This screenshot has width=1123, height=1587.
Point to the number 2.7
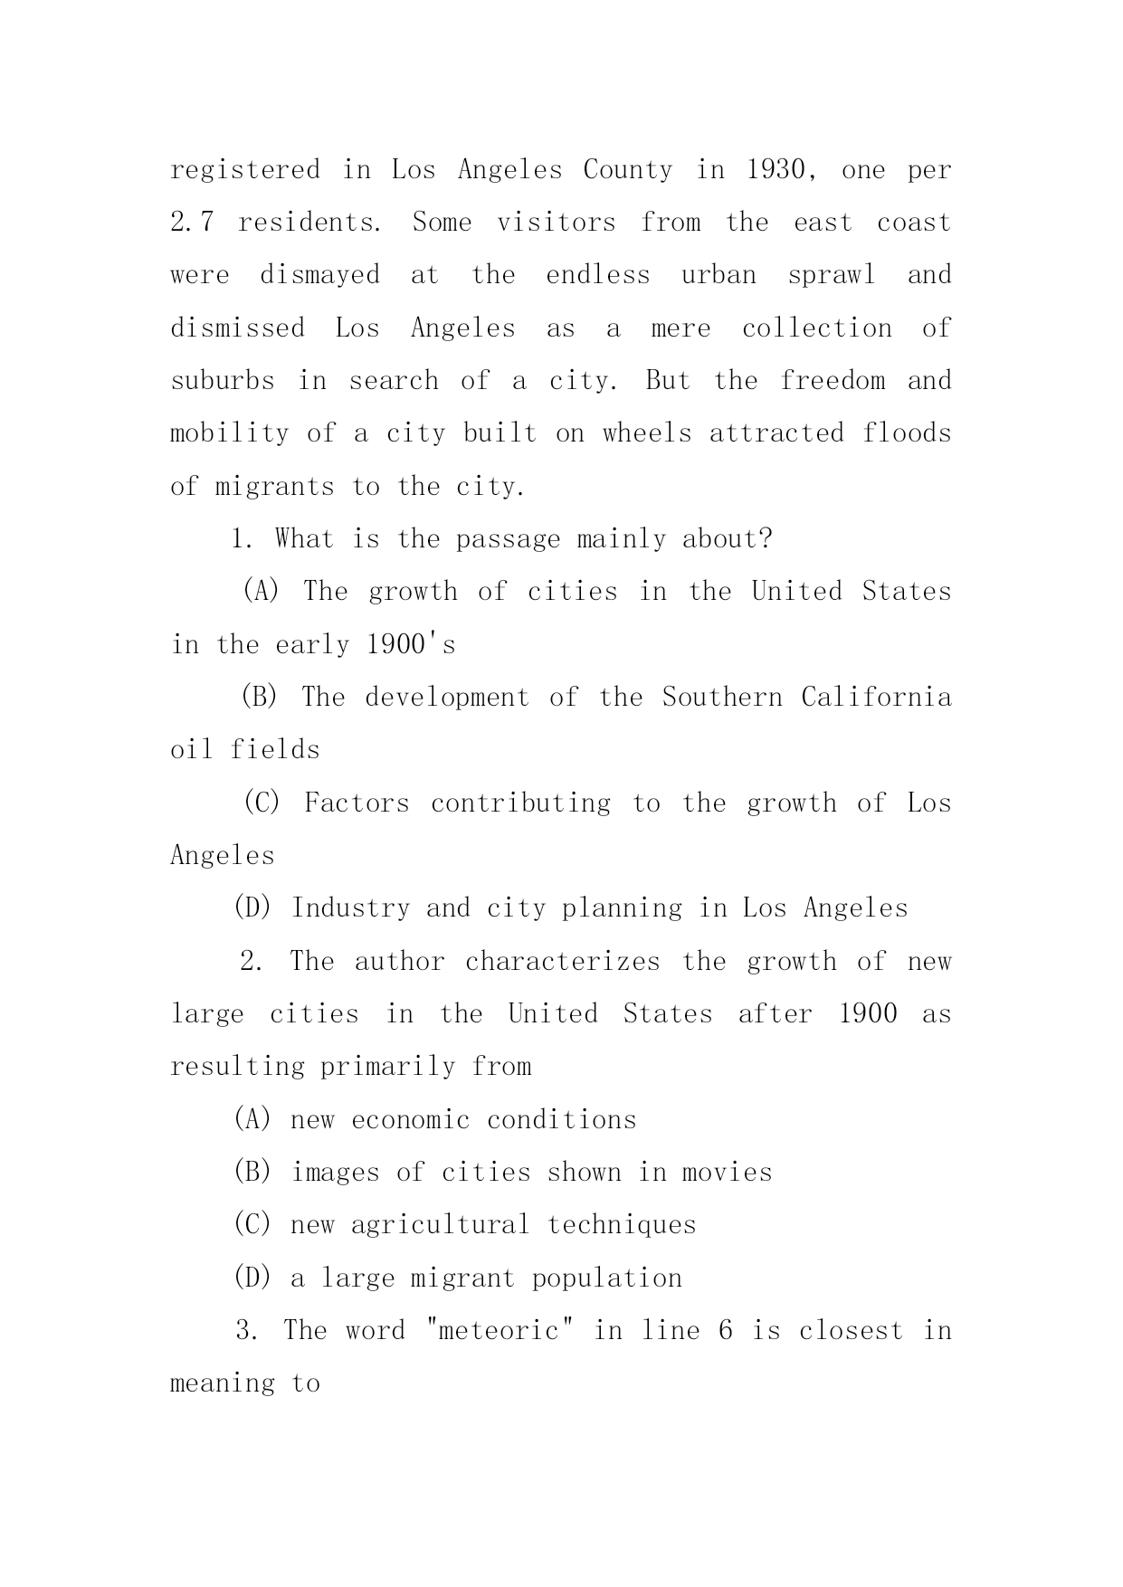pos(192,223)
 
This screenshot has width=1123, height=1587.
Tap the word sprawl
pos(832,275)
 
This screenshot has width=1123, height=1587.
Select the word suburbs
pos(223,381)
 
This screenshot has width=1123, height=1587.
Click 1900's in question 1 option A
pos(411,645)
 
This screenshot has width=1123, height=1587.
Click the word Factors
pos(357,803)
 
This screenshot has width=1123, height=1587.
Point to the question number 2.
pos(251,962)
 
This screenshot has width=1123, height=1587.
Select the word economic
pos(410,1120)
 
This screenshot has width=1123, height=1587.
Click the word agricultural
pos(440,1225)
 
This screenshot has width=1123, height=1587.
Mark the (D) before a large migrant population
pos(252,1278)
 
